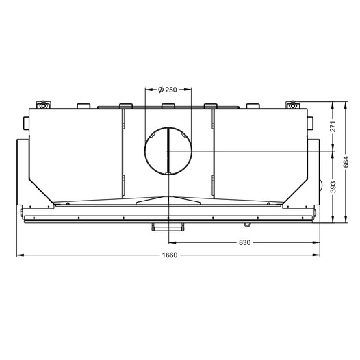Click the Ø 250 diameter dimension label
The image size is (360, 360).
coord(168,90)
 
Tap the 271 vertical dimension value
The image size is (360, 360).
coord(333,127)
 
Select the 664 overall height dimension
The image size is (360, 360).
coord(346,162)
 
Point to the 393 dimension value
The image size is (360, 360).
coord(333,187)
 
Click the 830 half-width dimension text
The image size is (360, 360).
coord(244,242)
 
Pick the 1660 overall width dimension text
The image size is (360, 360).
coord(170,255)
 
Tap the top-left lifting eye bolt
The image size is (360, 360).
coord(43,105)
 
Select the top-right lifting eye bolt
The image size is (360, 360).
coord(292,105)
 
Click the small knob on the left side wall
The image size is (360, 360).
coord(26,123)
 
